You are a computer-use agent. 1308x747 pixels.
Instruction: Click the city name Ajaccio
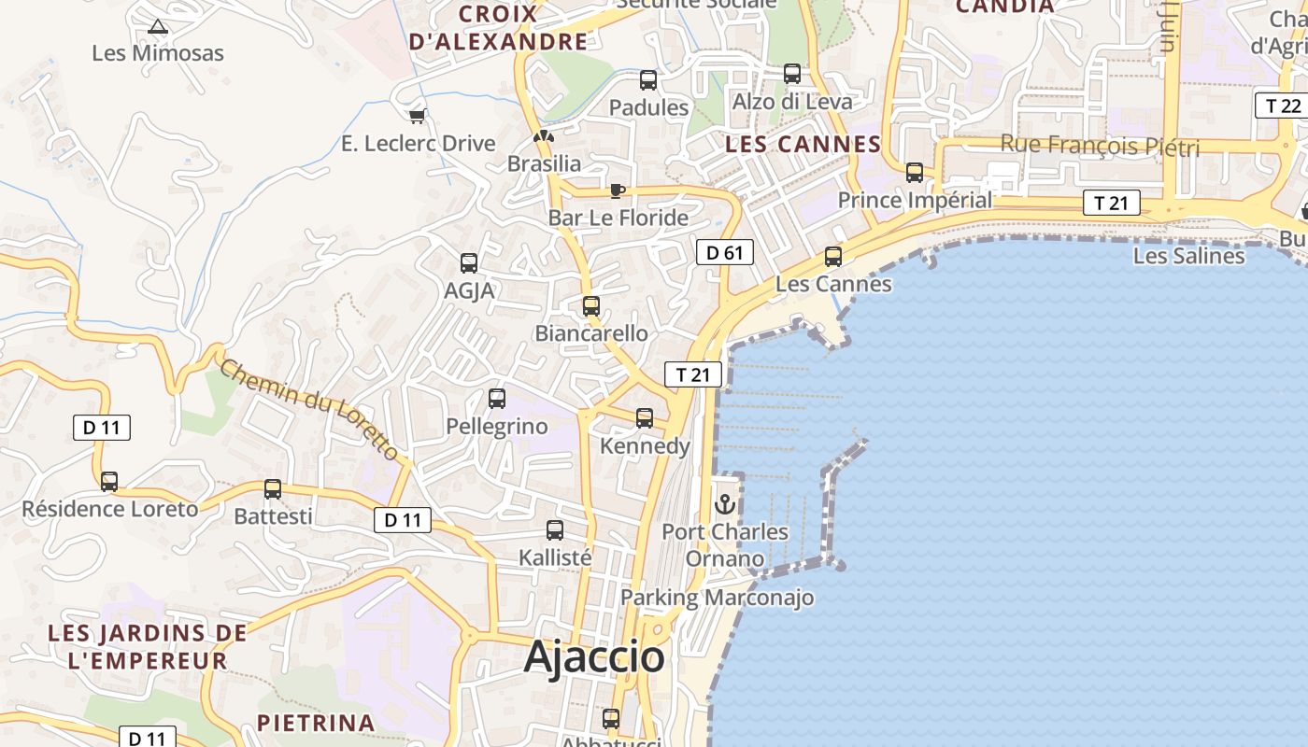(x=594, y=657)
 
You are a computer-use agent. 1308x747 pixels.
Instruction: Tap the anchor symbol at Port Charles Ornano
(x=725, y=504)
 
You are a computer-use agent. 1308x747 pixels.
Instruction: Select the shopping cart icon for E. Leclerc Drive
(x=417, y=116)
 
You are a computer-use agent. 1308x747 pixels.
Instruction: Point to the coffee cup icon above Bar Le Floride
(x=617, y=190)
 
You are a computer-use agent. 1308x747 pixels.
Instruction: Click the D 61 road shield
(x=724, y=252)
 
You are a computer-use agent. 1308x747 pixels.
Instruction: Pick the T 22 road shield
(x=1282, y=106)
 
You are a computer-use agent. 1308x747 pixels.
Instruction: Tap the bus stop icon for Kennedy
(x=645, y=417)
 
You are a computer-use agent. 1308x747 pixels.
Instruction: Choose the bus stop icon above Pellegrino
(x=497, y=399)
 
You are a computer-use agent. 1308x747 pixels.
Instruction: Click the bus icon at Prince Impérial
(x=915, y=173)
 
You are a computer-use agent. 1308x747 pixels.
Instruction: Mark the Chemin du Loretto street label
(x=311, y=408)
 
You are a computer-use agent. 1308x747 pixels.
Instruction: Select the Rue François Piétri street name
(x=1100, y=146)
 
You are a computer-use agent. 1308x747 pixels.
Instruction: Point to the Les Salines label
(x=1188, y=256)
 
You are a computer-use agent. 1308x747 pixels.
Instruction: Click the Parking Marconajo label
(x=717, y=598)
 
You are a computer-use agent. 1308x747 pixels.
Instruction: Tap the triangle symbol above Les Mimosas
(x=158, y=26)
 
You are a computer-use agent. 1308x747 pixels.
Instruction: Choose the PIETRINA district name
(x=316, y=723)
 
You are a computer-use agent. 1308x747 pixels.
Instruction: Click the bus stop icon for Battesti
(x=273, y=488)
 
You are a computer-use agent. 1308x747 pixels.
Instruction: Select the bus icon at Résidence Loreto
(x=109, y=482)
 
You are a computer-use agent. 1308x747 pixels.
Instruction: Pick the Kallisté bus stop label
(x=555, y=557)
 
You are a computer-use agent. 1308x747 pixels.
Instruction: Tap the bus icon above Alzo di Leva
(x=792, y=74)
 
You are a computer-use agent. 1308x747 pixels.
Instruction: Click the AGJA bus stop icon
(x=469, y=263)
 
